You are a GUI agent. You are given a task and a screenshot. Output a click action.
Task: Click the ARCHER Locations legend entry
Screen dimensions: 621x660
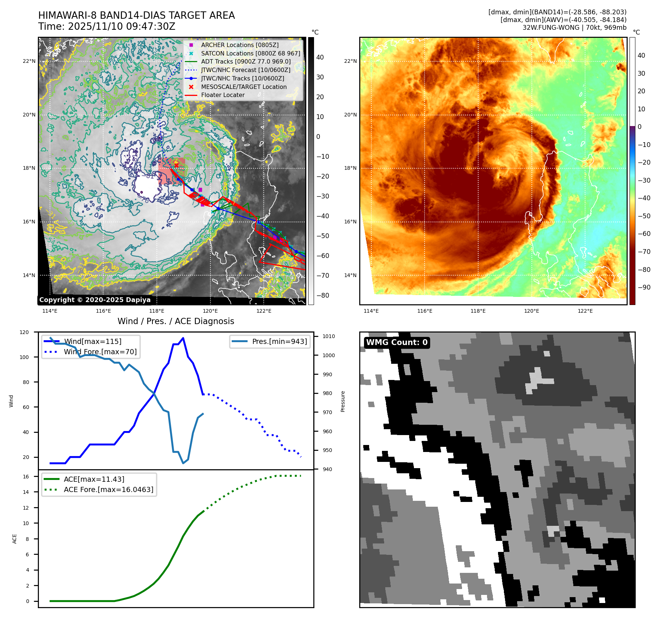click(x=239, y=45)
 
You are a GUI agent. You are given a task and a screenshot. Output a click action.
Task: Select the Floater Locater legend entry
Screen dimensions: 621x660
click(x=223, y=95)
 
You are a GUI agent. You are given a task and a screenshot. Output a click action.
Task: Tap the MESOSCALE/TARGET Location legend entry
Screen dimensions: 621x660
click(x=244, y=87)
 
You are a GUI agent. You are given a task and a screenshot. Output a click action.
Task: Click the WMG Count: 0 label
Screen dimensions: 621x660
click(x=397, y=342)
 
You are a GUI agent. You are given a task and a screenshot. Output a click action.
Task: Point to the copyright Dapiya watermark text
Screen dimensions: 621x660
click(x=95, y=300)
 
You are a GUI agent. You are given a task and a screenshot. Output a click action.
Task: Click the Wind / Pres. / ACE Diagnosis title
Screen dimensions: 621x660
click(x=176, y=321)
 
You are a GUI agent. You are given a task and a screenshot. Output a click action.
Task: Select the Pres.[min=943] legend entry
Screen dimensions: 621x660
click(x=279, y=341)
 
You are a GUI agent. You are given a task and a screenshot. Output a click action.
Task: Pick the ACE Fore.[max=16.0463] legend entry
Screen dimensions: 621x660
click(x=108, y=489)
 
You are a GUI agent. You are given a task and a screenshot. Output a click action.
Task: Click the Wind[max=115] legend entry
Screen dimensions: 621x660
click(x=92, y=341)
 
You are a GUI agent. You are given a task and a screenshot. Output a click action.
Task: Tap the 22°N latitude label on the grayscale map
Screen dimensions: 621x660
click(x=29, y=61)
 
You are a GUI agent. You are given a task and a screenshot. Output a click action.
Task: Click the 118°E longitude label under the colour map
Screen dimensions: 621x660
click(x=478, y=311)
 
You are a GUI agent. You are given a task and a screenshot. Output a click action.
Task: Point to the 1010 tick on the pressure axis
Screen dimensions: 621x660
click(x=329, y=336)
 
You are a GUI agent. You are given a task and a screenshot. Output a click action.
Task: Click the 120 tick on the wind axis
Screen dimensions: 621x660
click(x=24, y=332)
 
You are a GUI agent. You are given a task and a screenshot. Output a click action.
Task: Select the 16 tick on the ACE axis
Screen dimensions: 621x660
click(x=26, y=477)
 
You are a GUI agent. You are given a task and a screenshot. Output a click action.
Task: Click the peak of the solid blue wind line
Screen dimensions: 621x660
click(x=183, y=338)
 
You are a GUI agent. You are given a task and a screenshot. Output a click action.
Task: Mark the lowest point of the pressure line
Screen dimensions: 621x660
click(x=183, y=463)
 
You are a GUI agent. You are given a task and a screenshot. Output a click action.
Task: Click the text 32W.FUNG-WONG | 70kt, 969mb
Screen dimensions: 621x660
click(x=574, y=28)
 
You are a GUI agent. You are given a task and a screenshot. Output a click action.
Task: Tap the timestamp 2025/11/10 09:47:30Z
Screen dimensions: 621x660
click(x=122, y=26)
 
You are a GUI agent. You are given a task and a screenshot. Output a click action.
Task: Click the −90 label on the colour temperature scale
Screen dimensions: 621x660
click(x=644, y=287)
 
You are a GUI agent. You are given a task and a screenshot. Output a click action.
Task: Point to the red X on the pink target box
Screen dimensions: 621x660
click(x=176, y=165)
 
